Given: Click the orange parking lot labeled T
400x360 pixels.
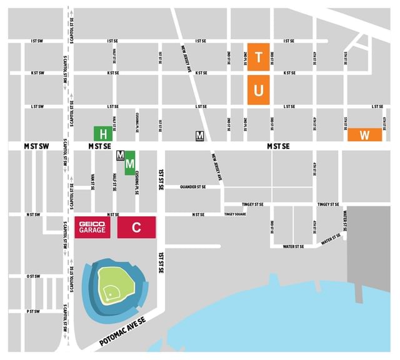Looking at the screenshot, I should click(258, 54).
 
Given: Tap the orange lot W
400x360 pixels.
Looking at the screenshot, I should click(364, 134).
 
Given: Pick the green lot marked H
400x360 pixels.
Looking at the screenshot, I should click(103, 133).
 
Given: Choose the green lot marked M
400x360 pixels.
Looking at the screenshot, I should click(131, 163).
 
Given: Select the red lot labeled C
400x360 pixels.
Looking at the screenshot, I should click(136, 229).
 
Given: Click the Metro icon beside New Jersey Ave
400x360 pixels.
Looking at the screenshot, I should click(200, 136).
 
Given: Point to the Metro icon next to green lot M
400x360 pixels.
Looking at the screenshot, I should click(121, 155).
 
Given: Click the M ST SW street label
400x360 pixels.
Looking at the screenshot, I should click(36, 146).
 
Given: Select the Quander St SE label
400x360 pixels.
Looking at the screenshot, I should click(192, 186).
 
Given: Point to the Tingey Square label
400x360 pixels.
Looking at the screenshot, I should click(236, 214).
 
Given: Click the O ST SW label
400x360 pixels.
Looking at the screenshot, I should click(34, 276).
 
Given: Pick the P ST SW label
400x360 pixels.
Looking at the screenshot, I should click(34, 311).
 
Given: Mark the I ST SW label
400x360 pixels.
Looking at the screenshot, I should click(37, 41).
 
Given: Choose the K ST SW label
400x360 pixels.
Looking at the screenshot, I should click(37, 73).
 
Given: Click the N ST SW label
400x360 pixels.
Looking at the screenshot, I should click(34, 214).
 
